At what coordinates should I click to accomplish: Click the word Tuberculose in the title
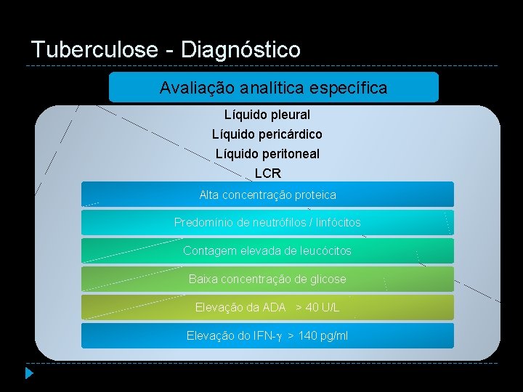(x=94, y=49)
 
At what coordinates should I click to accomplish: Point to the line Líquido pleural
(x=267, y=115)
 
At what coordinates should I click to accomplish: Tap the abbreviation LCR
(x=267, y=173)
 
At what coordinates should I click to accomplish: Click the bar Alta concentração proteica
(x=267, y=195)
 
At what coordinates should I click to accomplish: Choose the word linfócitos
(x=336, y=223)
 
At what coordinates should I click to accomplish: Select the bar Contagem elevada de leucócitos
(x=267, y=251)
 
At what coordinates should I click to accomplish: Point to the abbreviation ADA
(x=275, y=308)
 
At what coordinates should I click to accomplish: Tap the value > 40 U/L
(x=317, y=308)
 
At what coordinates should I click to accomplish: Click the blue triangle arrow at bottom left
(x=29, y=374)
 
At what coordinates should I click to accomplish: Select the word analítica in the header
(x=272, y=88)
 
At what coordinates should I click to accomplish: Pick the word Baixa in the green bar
(x=203, y=279)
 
